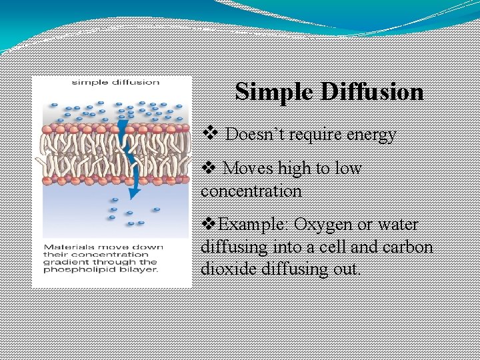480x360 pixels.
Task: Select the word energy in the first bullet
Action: (x=370, y=135)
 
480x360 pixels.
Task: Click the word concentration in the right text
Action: (x=251, y=191)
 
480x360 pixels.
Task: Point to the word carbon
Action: (x=409, y=247)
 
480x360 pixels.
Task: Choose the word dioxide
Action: (x=227, y=270)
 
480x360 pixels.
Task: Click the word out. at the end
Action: (x=345, y=270)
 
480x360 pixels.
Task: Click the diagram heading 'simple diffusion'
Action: (x=116, y=83)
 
